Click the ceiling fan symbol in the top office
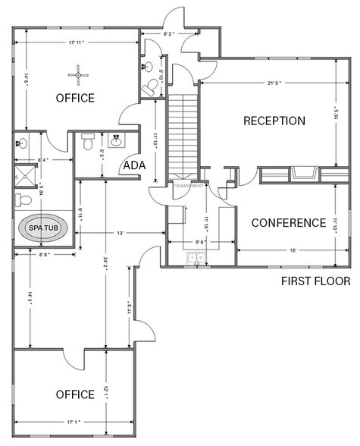pos(77,74)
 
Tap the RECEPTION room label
pos(274,121)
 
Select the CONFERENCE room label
pos(288,223)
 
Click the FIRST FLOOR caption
pos(315,281)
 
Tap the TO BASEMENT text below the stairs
pos(189,186)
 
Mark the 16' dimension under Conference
pos(292,250)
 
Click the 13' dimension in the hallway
pos(121,234)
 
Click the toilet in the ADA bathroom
pos(88,142)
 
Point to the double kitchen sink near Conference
pos(196,259)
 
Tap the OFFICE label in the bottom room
pos(75,394)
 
